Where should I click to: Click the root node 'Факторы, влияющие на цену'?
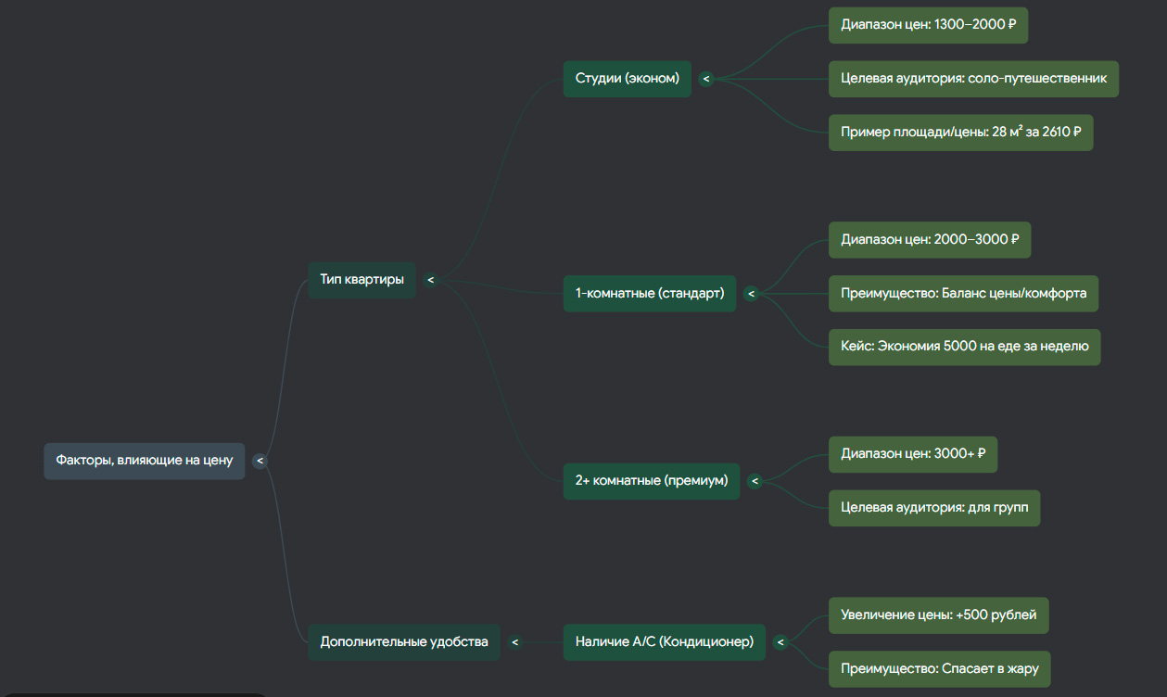(x=145, y=461)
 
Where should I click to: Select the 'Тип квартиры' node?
(x=362, y=280)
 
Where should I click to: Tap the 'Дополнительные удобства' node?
(x=404, y=642)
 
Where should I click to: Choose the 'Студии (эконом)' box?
(x=628, y=79)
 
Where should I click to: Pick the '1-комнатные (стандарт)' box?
(x=650, y=294)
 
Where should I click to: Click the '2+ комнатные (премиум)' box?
(x=652, y=481)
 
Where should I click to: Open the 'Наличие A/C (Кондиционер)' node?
(x=665, y=642)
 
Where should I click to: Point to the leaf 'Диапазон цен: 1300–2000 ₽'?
(x=929, y=25)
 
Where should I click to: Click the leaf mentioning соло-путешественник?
(x=973, y=79)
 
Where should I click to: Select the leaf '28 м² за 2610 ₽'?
(x=961, y=133)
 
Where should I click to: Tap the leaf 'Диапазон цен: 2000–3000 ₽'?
(x=930, y=240)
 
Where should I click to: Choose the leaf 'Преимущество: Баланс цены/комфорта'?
(x=964, y=294)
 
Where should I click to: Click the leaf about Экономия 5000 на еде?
(x=965, y=347)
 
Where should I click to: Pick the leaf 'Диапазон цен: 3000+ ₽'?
(x=913, y=454)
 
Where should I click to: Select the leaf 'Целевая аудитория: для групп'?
(x=934, y=508)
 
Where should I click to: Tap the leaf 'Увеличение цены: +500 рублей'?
(x=939, y=615)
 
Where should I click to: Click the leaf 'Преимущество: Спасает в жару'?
(x=940, y=669)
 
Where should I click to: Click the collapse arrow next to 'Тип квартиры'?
(x=430, y=280)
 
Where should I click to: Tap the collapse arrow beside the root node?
(x=260, y=461)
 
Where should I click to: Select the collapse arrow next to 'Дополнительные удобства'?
(x=514, y=643)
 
